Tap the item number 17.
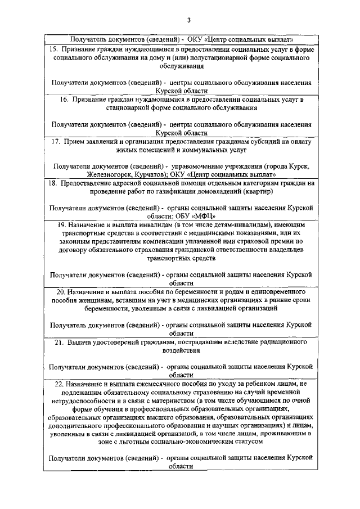coord(53,142)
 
